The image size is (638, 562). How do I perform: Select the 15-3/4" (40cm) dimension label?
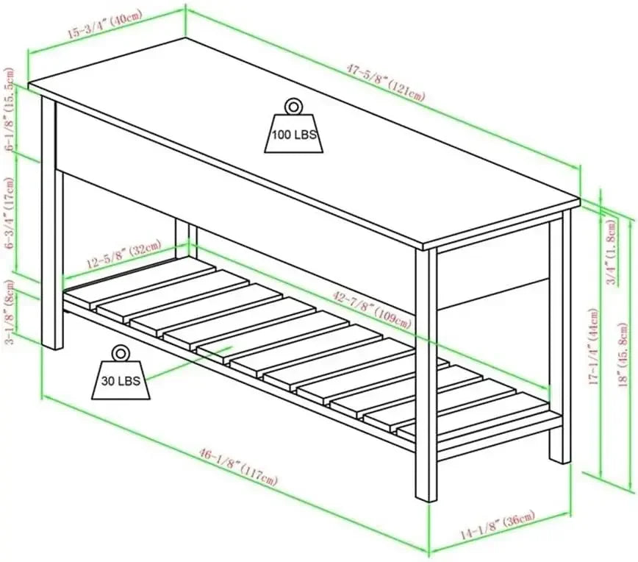pos(104,25)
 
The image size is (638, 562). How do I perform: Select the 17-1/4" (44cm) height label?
pos(594,346)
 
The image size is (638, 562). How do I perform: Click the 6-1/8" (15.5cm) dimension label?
pos(10,109)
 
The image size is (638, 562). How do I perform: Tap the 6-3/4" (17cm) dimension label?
pos(9,213)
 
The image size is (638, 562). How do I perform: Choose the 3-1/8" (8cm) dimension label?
pos(9,312)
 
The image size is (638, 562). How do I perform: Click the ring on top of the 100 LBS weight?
pos(293,106)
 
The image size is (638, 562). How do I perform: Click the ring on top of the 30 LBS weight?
pos(120,353)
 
